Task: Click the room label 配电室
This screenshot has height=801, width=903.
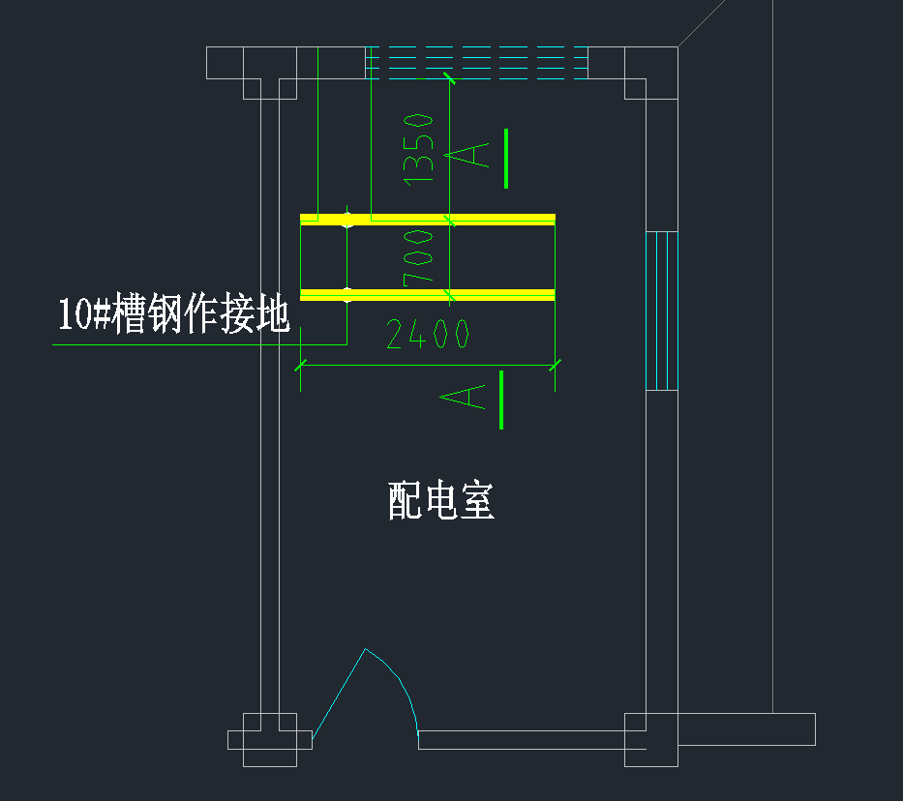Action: (x=441, y=501)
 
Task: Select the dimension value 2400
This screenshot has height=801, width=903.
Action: (x=428, y=335)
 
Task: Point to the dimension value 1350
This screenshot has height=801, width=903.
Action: (x=419, y=148)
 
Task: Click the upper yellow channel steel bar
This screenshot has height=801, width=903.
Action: (x=455, y=219)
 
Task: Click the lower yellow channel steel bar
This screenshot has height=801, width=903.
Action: (x=455, y=294)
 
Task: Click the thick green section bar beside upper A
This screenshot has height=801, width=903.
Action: (x=505, y=158)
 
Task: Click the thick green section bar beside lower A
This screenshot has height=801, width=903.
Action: (x=501, y=400)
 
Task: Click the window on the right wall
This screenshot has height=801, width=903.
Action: (x=662, y=310)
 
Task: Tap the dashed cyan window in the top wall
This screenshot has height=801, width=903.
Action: (x=476, y=60)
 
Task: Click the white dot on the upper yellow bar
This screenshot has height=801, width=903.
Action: (x=347, y=220)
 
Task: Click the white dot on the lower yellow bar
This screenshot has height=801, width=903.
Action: (x=347, y=295)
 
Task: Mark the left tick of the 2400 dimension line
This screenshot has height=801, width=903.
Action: (x=300, y=365)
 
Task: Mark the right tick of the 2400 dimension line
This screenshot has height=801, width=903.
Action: (x=555, y=365)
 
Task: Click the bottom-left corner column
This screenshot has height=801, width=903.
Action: (x=269, y=740)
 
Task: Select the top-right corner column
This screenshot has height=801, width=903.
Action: (x=650, y=73)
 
